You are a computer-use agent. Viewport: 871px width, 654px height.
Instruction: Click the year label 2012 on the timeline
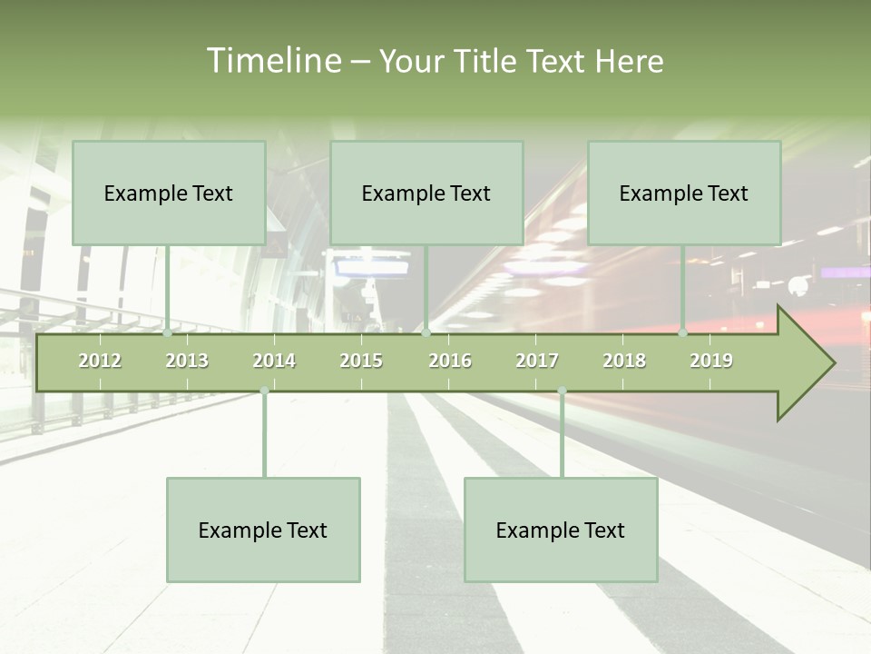pos(100,361)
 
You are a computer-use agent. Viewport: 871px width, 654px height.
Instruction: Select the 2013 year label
pos(187,361)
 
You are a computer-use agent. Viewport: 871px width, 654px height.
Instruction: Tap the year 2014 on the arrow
pos(274,361)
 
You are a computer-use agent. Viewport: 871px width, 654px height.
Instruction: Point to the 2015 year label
pos(361,361)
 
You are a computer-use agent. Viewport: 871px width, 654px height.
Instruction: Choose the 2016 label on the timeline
pos(450,361)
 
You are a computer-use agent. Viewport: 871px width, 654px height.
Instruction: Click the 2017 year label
pos(537,361)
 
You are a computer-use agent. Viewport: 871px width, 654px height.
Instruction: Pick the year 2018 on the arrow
pos(624,361)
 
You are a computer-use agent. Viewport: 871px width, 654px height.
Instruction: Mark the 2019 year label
pos(711,361)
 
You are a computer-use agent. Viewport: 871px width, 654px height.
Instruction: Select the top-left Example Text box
pos(169,193)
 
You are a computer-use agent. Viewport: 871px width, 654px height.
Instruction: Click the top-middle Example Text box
pos(426,193)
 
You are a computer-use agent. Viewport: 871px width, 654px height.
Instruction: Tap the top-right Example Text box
pos(684,193)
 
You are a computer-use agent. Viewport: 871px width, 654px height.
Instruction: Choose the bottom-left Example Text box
pos(263,530)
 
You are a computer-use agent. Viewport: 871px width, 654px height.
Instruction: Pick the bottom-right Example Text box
pos(561,530)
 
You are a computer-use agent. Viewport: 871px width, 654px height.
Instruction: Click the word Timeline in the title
pos(273,61)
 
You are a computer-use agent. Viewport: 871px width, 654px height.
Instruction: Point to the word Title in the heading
pos(486,61)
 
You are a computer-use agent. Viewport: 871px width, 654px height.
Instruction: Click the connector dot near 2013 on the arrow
pos(167,333)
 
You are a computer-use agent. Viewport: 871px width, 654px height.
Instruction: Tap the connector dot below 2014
pos(264,391)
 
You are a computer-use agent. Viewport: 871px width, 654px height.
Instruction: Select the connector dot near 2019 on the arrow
pos(683,333)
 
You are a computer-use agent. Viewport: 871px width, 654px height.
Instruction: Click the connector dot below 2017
pos(562,391)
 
